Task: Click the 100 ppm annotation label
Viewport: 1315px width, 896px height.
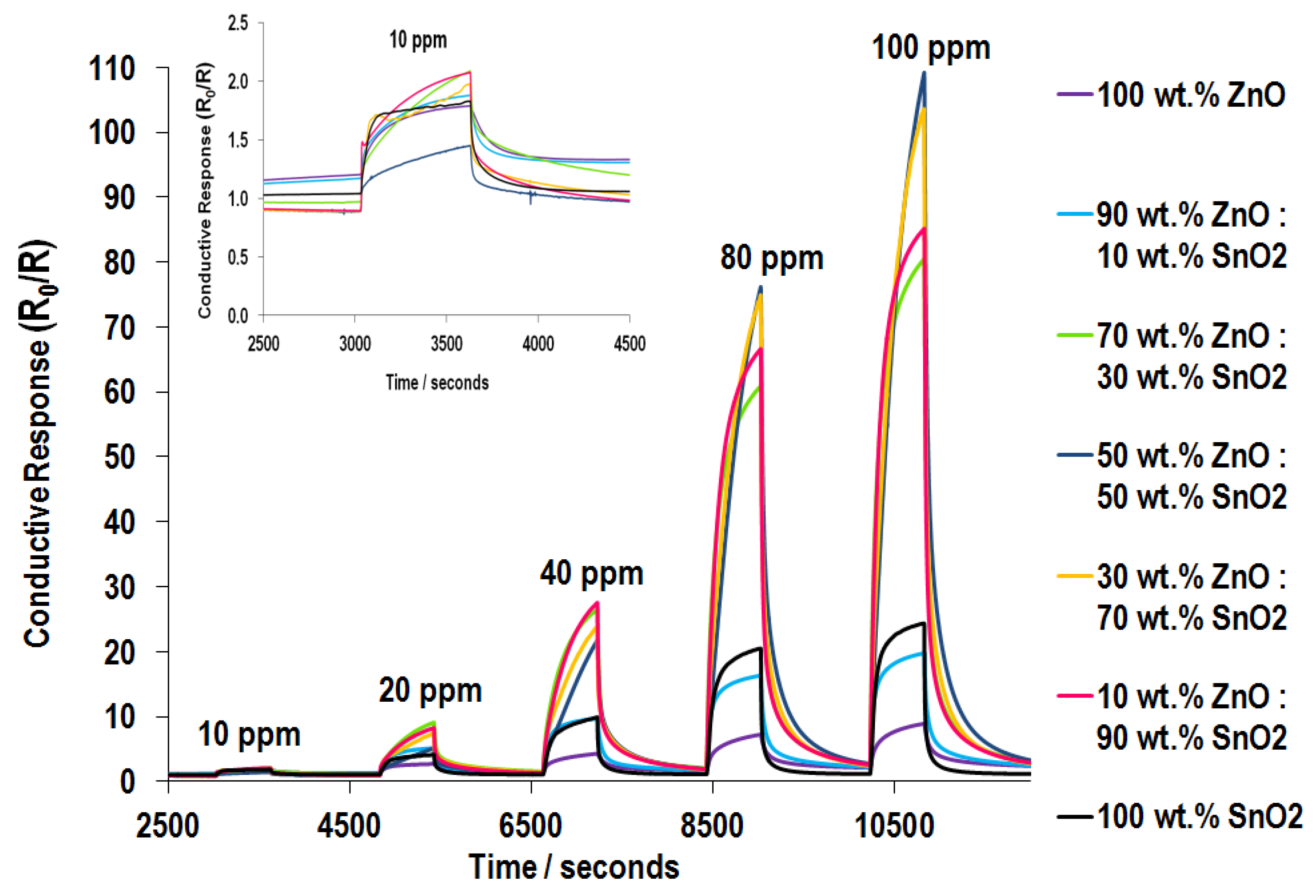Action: pos(930,48)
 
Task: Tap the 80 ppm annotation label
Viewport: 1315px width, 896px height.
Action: pos(771,259)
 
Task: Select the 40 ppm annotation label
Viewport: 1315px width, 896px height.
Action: pos(591,573)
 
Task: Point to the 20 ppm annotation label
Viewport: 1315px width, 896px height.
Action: pos(430,691)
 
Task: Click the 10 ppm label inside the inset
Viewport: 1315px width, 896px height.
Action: pos(418,40)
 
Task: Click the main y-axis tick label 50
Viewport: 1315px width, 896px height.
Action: pos(120,457)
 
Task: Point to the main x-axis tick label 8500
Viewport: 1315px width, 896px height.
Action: pos(712,826)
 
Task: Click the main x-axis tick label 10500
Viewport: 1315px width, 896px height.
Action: pos(894,826)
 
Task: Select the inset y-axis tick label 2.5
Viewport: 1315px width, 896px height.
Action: pos(238,23)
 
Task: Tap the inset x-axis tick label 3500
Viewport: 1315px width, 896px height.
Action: pos(446,343)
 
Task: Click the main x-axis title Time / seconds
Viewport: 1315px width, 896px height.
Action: pos(573,867)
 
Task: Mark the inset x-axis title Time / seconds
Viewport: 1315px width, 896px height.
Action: pos(437,383)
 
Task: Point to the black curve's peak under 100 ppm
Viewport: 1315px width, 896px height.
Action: pos(923,623)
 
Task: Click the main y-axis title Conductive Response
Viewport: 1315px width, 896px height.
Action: pos(37,444)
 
